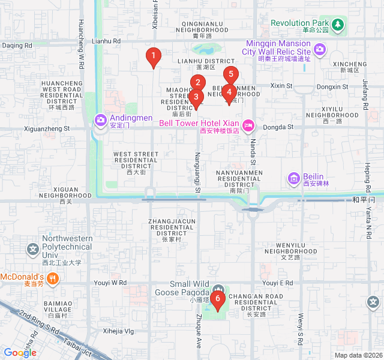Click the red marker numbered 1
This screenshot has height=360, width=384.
point(154,58)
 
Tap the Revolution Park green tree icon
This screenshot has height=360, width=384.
point(338,23)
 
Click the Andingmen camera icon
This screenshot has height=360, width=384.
point(100,121)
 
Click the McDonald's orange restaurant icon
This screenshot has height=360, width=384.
point(53,278)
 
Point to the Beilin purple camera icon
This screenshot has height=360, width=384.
point(294,178)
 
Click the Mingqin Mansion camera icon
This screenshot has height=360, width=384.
point(319,48)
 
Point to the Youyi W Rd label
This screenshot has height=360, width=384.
point(110,283)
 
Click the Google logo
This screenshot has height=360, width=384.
point(20,353)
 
